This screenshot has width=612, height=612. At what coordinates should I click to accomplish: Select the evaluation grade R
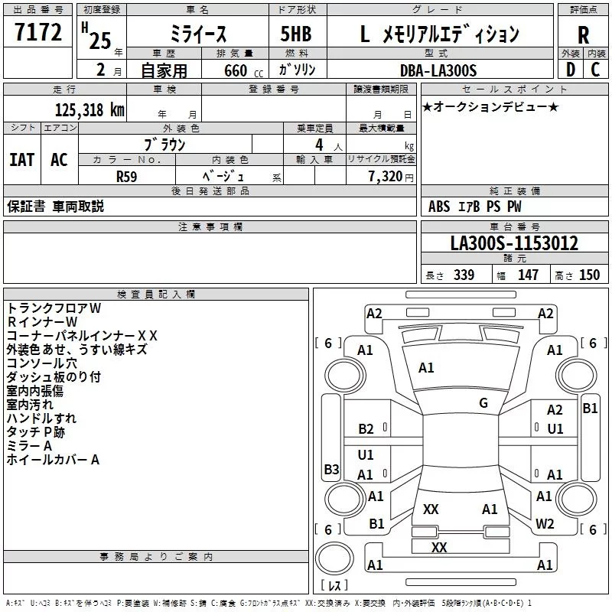coord(583,35)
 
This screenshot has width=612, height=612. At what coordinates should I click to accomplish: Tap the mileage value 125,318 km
coord(90,109)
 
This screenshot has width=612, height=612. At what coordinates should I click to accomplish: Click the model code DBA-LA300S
coord(438,70)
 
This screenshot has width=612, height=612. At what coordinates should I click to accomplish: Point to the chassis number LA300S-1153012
coord(514,244)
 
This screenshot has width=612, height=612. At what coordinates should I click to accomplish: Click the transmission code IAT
coord(22,159)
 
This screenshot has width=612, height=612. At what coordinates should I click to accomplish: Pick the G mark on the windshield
coord(483,402)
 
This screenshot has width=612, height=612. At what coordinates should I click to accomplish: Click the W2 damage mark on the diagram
coord(545,524)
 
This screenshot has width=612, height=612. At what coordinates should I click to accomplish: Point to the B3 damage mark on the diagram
coord(331,469)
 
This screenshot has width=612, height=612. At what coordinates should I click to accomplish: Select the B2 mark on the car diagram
coord(366,429)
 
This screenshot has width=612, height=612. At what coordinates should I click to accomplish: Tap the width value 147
coord(528,275)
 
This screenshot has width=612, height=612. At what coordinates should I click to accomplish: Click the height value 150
coord(589,275)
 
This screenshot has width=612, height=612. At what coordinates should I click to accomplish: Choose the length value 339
coord(464,275)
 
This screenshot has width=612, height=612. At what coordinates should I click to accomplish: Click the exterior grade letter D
coord(570,70)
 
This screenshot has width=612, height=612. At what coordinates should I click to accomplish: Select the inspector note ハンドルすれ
coord(41,418)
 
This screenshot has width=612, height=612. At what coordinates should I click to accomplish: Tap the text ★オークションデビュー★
coord(490,106)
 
